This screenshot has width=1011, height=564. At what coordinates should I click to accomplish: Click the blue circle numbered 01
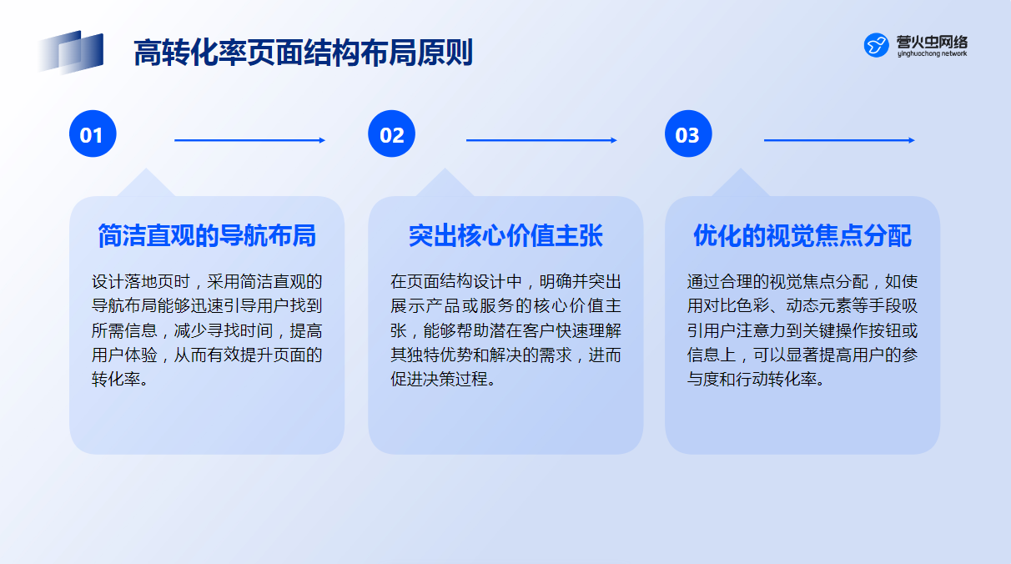pos(93,133)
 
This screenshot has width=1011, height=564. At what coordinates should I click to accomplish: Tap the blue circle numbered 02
pos(391,133)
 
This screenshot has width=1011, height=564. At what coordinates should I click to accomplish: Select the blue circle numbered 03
pos(688,133)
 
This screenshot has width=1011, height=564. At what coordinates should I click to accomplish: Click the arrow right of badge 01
pos(249,140)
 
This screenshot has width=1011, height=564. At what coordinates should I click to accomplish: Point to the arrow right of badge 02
pos(541,140)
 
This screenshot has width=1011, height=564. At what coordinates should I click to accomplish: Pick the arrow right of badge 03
pos(839,140)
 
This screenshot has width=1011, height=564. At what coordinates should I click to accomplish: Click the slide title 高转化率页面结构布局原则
pos(303,53)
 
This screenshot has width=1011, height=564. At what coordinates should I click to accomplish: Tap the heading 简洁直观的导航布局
pos(207,236)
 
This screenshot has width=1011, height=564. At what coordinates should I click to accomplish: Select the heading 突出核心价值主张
pos(505,236)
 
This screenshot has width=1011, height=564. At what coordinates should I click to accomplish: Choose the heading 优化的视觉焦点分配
pos(802,236)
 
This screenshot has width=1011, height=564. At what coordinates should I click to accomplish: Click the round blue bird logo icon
pos(876,45)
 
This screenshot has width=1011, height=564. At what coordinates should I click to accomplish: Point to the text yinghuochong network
pos(932,53)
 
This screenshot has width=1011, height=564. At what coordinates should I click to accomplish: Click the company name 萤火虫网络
pos(932,42)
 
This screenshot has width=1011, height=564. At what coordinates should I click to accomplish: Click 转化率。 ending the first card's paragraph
pos(120,379)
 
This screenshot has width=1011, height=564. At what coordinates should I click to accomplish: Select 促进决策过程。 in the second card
pos(443,379)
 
